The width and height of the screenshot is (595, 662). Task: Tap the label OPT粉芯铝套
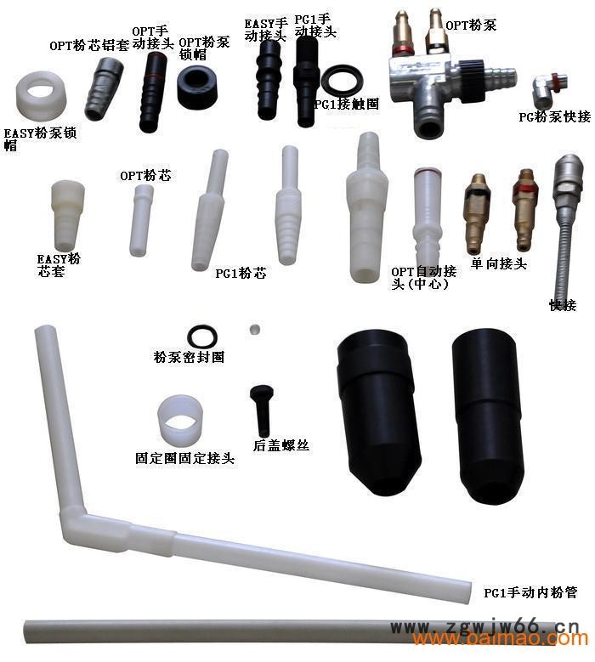click(89, 46)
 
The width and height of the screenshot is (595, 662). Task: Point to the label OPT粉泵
click(471, 25)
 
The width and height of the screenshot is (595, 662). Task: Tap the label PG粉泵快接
click(554, 116)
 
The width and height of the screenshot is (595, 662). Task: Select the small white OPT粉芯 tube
click(141, 220)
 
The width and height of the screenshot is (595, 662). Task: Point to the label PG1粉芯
click(241, 274)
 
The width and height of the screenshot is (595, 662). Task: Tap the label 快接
click(563, 305)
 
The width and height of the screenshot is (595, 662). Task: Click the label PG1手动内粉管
click(531, 592)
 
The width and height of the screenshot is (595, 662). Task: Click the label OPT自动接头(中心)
click(422, 277)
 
